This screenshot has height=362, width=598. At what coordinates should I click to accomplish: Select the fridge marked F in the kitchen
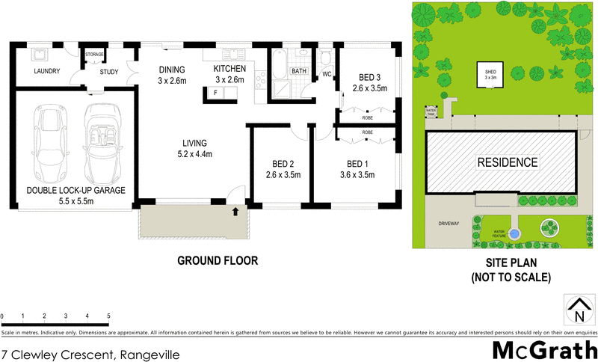point(216,93)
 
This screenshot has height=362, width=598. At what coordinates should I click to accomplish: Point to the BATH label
point(299,72)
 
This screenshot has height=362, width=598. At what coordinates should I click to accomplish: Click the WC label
point(327,74)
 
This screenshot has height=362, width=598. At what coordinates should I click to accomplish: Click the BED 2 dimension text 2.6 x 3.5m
point(283,176)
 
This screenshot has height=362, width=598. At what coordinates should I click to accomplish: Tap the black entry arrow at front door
point(236,212)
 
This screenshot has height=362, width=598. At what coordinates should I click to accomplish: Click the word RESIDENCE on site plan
point(507,162)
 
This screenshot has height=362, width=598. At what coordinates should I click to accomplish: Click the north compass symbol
point(576,308)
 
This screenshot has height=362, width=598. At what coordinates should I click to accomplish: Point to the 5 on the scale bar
point(109,316)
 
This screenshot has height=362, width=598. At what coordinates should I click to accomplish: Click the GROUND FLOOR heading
point(218,261)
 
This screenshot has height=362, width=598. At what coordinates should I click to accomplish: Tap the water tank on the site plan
point(431,111)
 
